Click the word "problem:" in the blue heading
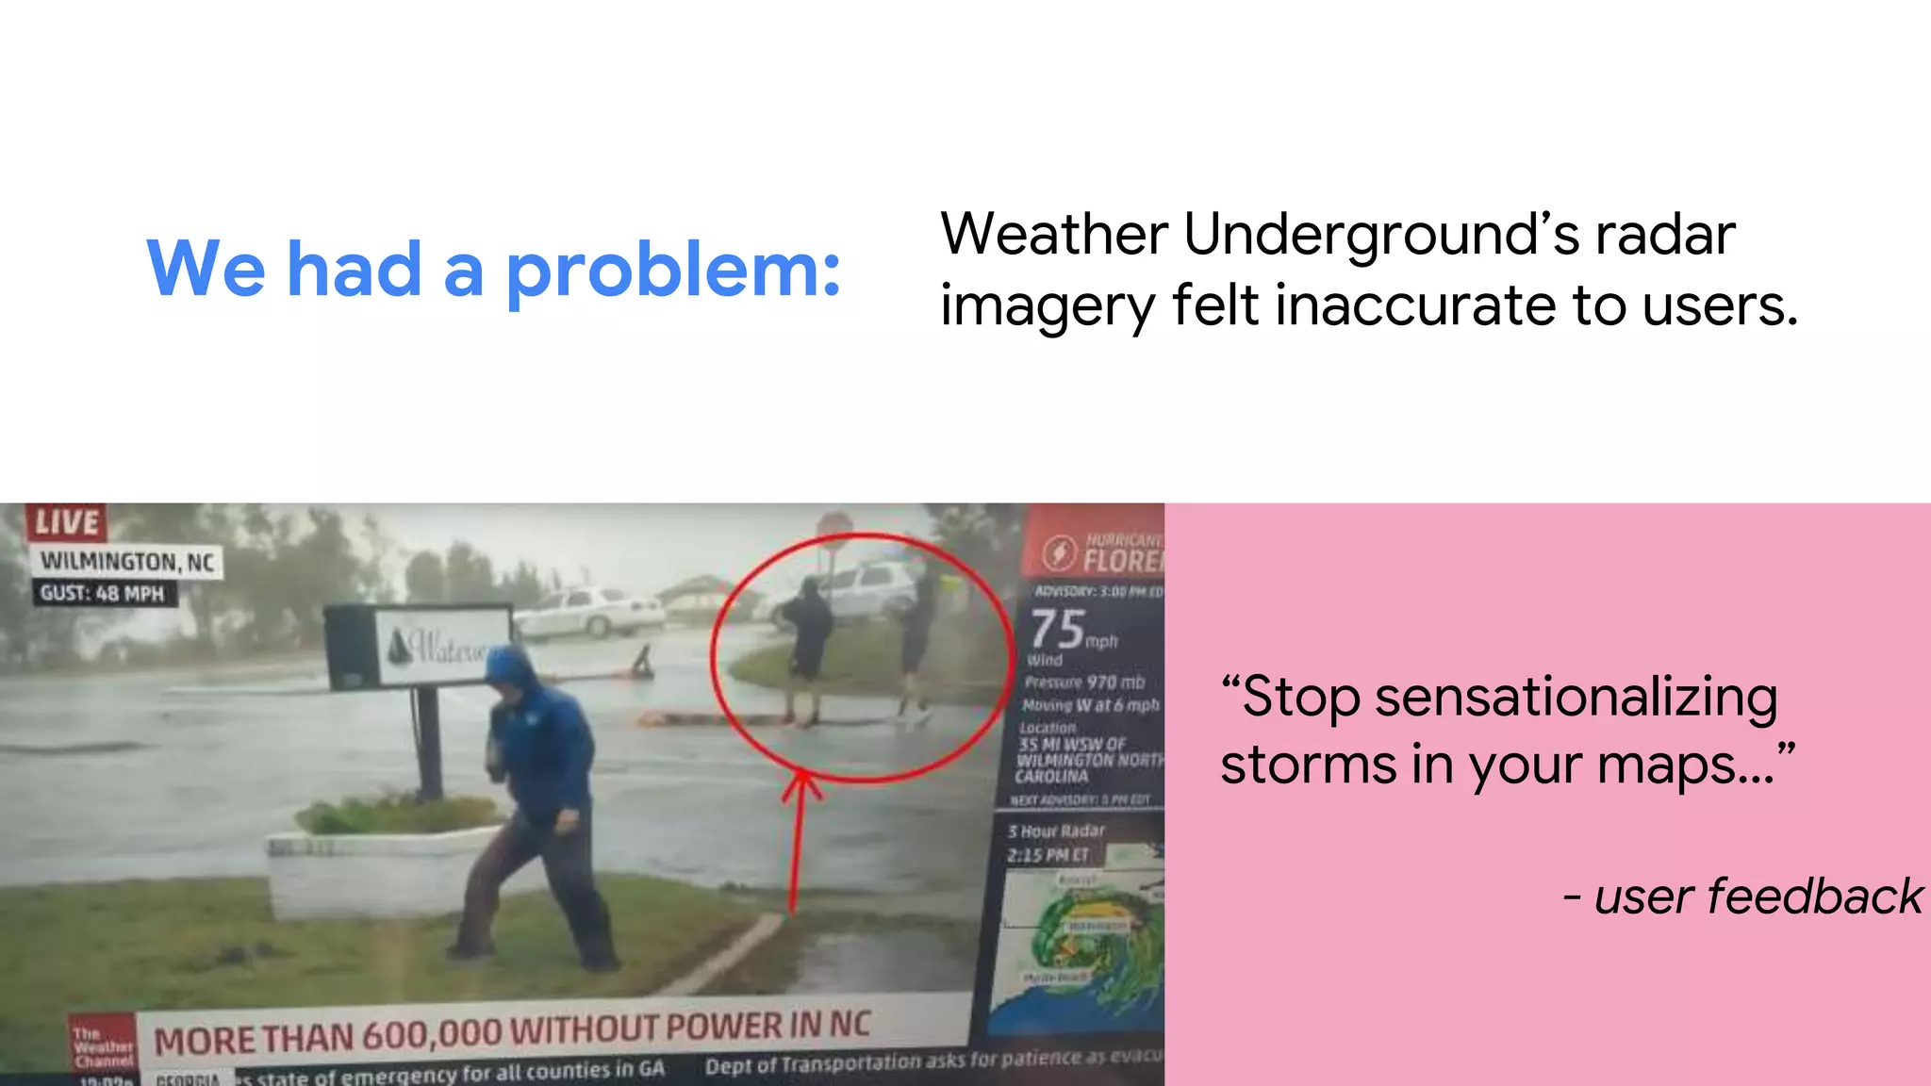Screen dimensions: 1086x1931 point(672,271)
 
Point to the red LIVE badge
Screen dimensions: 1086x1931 point(67,522)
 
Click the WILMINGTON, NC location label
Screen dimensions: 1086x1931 point(127,562)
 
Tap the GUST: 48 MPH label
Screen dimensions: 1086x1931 point(102,594)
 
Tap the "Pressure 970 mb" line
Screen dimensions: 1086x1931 point(1084,682)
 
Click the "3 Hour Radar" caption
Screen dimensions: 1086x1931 point(1056,831)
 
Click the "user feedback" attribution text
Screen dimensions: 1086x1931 point(1758,897)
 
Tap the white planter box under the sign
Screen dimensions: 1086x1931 point(377,872)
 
